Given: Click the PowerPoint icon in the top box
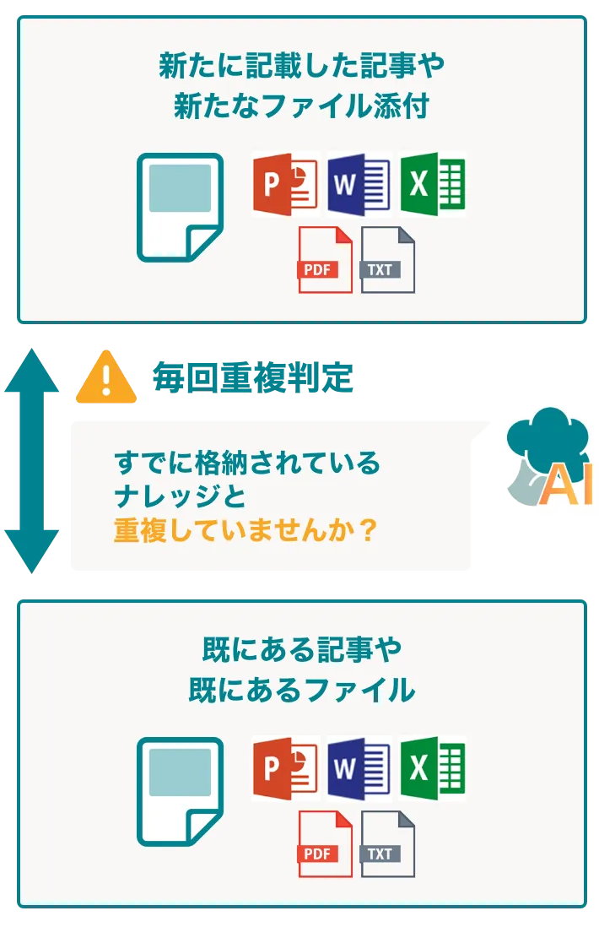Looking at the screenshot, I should tap(285, 184).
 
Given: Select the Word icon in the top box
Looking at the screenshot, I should tap(358, 184).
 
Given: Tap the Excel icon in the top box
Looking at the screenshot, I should tap(432, 184).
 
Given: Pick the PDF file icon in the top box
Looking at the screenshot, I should tap(324, 260).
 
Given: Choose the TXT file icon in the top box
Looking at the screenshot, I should tap(387, 260).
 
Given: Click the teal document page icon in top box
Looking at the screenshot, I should tap(180, 207).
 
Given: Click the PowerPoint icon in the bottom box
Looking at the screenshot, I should tap(285, 768).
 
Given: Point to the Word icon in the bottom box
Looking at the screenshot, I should tap(358, 768).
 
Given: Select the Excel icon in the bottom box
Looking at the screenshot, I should tap(432, 768).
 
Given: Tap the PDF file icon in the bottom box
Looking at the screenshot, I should tap(324, 844).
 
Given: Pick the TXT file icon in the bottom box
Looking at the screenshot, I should tap(387, 844).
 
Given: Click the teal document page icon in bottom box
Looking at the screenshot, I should tap(180, 791).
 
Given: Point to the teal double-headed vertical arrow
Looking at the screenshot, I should tap(31, 460).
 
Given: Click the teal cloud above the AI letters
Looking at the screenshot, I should tap(549, 435).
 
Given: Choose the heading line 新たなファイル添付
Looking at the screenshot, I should tap(301, 106).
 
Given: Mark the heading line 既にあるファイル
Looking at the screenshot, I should tap(301, 691).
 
